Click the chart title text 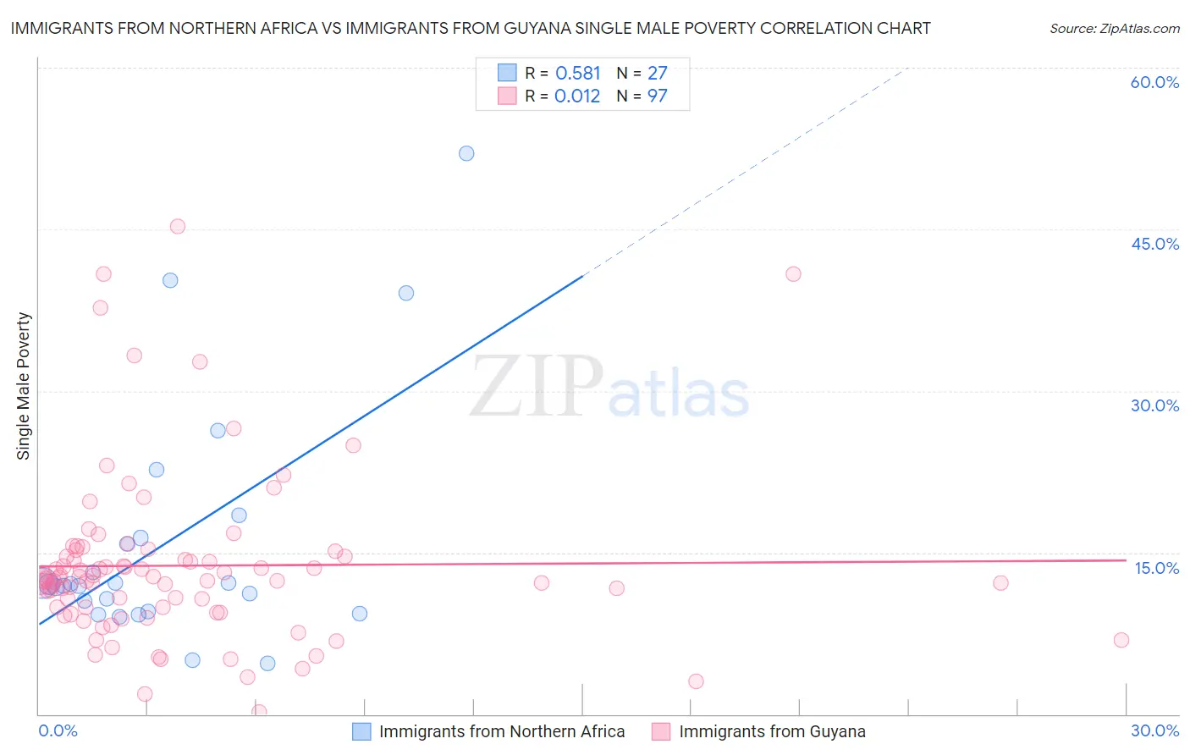(471, 28)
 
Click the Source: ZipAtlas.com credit (1114, 28)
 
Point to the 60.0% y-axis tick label (1154, 82)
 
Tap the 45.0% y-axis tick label (1154, 244)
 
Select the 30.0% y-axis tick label (1154, 405)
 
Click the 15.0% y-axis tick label (1156, 568)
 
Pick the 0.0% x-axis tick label (58, 730)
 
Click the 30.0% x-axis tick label (1154, 730)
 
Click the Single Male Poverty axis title (24, 386)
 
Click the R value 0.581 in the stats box (578, 74)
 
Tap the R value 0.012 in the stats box (577, 96)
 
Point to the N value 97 (658, 96)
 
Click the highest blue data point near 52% (466, 153)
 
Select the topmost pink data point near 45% (178, 226)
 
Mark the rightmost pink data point (1121, 640)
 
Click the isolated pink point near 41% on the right (793, 273)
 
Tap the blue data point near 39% (406, 293)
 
